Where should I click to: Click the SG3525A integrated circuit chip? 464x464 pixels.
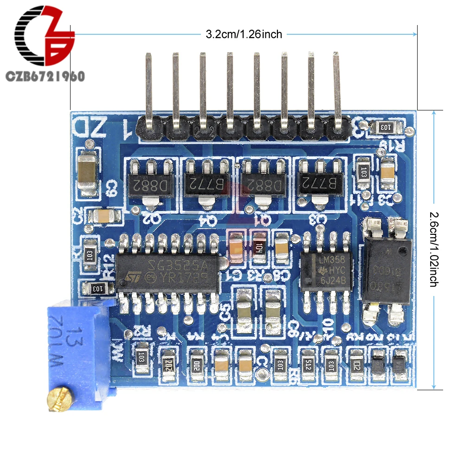(x=167, y=273)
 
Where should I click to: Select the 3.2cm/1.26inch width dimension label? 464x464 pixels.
(x=244, y=34)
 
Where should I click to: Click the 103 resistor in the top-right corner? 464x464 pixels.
(x=386, y=126)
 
